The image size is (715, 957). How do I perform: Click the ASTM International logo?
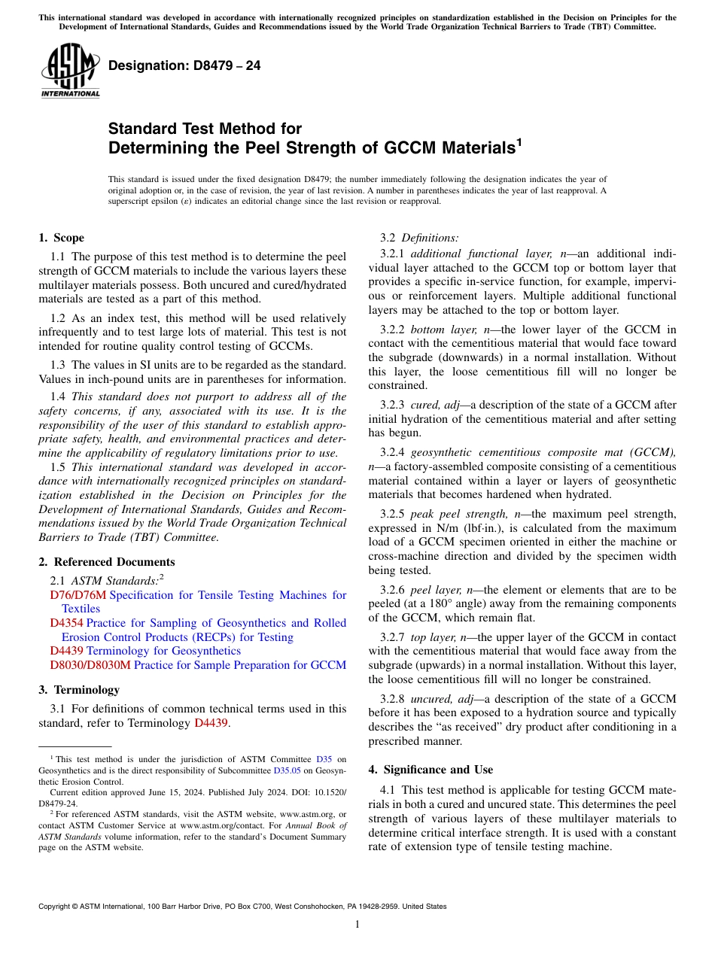point(70,71)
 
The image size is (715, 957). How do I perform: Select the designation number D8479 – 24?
point(184,65)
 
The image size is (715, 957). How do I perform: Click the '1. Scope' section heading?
point(61,238)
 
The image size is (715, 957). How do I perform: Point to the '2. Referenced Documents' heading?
point(106,562)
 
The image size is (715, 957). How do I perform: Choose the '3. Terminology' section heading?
point(78,690)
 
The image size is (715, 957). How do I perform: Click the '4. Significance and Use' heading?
point(431,770)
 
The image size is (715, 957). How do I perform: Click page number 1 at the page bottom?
point(357,924)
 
